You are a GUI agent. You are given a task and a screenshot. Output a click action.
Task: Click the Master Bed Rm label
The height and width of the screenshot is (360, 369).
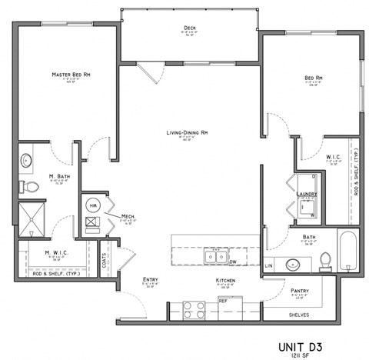(67, 75)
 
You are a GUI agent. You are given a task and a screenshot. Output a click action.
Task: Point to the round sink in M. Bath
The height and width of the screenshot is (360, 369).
(27, 161)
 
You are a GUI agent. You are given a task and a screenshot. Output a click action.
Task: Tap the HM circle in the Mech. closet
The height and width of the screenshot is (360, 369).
(93, 205)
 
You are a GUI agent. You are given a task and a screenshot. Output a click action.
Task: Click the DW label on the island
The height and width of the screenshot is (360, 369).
(231, 262)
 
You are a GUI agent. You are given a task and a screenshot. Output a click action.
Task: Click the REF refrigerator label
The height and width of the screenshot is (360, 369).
(223, 302)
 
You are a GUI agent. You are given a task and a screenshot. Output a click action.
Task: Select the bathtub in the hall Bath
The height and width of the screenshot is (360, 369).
(347, 251)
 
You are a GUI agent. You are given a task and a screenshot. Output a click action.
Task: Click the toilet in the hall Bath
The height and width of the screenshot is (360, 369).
(325, 260)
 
